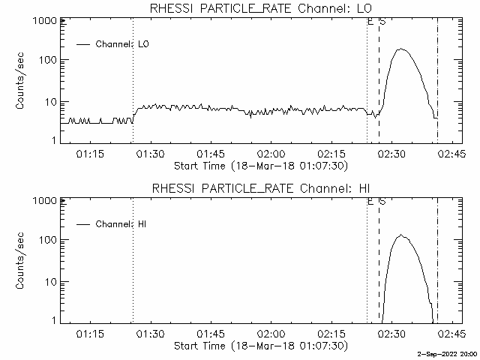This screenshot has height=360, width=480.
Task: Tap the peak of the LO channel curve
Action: pos(402,49)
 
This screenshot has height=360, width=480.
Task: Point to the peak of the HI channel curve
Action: pos(401,235)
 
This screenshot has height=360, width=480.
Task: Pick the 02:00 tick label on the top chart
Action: pos(271,154)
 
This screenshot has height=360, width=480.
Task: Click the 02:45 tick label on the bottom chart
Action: pos(450,334)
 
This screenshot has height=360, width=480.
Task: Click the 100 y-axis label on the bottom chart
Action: pos(47,240)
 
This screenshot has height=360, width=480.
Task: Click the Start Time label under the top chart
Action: pos(260,165)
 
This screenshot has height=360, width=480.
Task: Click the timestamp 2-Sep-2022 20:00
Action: pos(448,354)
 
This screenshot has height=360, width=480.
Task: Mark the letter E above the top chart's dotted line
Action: pos(370,21)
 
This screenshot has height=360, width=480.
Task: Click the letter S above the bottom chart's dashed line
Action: pos(382,201)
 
